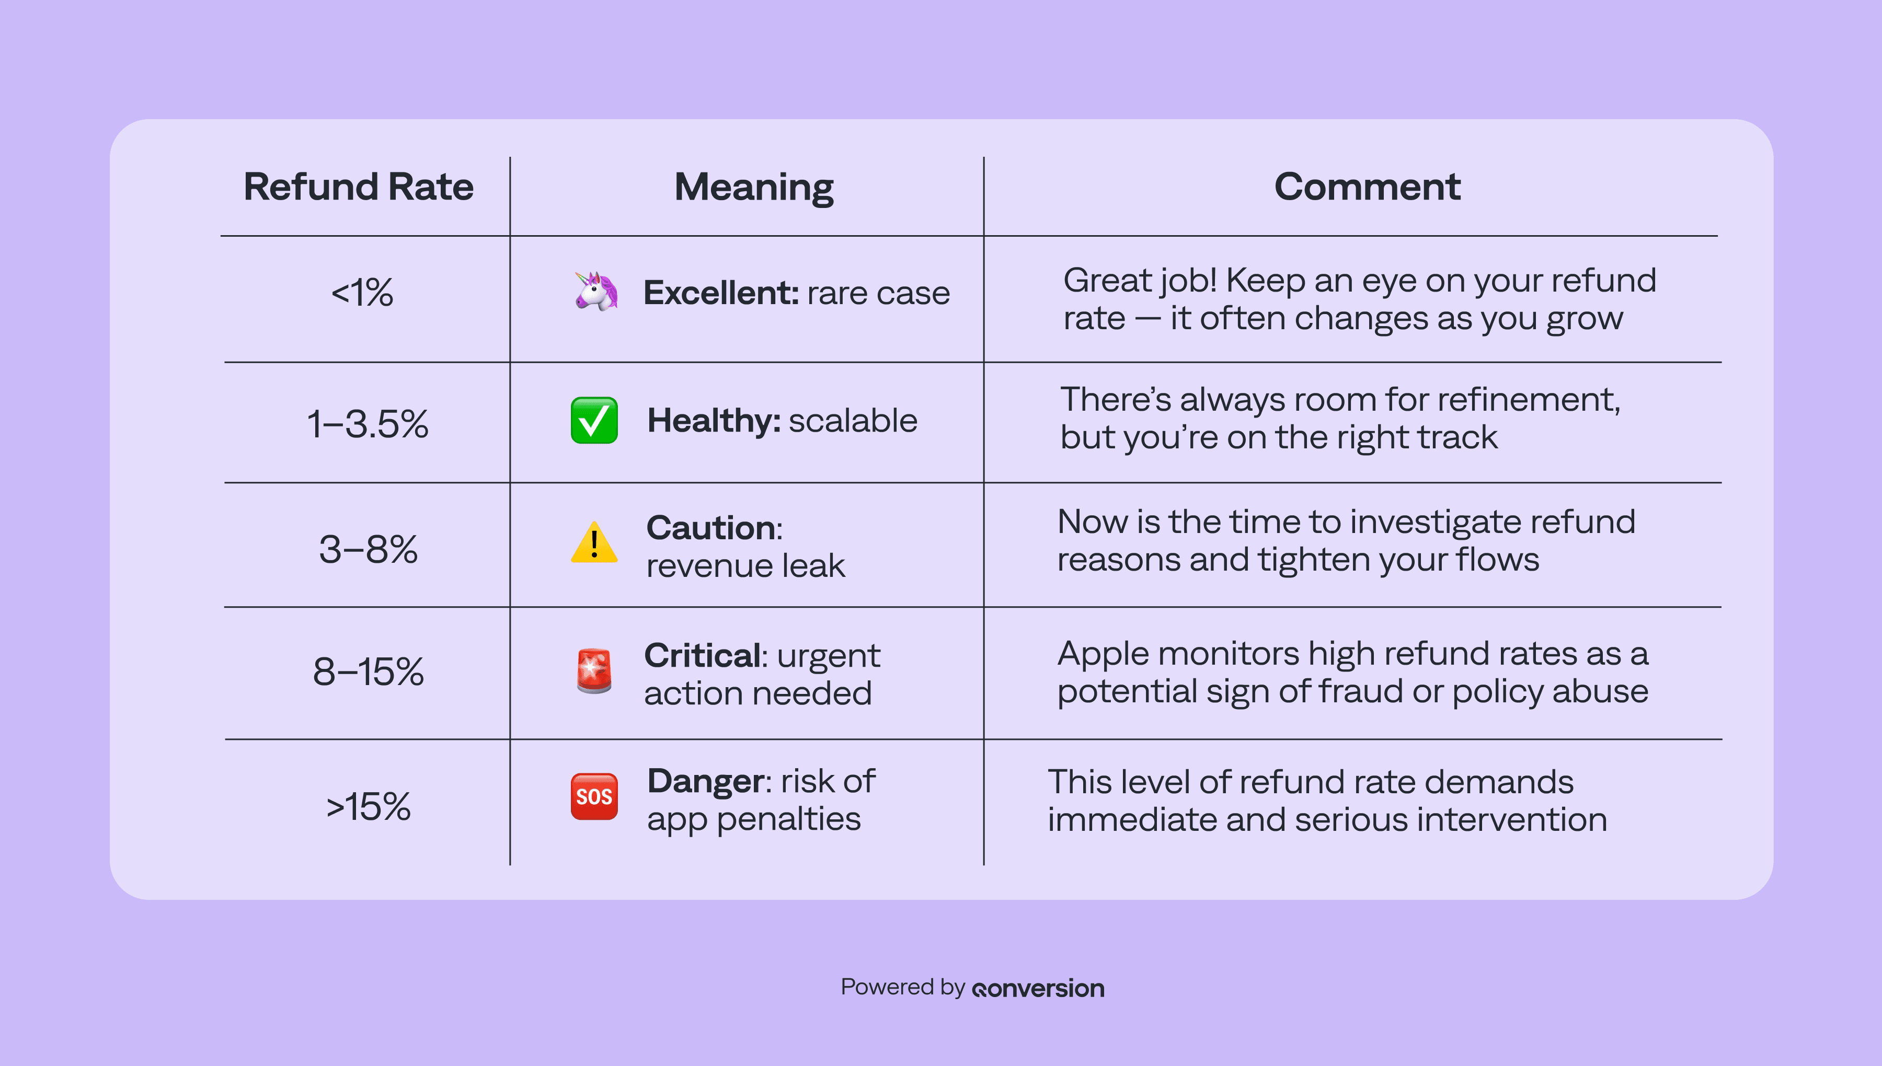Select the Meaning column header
pyautogui.click(x=753, y=188)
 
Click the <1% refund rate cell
pyautogui.click(x=362, y=293)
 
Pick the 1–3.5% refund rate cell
pyautogui.click(x=368, y=424)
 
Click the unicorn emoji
pyautogui.click(x=595, y=292)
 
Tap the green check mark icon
pyautogui.click(x=594, y=420)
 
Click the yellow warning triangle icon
pyautogui.click(x=594, y=542)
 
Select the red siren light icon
pyautogui.click(x=594, y=670)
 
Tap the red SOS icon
pyautogui.click(x=594, y=796)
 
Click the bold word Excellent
pyautogui.click(x=720, y=293)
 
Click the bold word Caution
pyautogui.click(x=711, y=528)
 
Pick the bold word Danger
pyautogui.click(x=706, y=781)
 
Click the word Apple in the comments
pyautogui.click(x=1104, y=654)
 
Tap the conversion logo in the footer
pyautogui.click(x=1038, y=988)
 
